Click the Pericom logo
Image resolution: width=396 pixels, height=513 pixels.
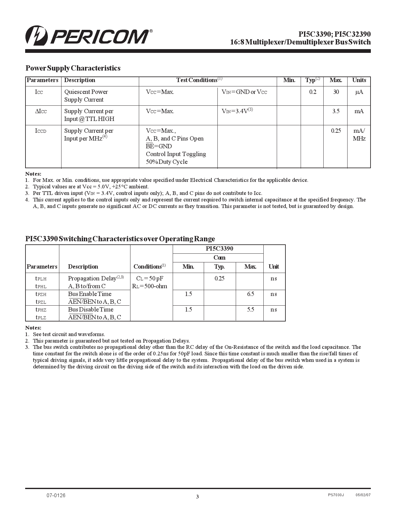[89, 36]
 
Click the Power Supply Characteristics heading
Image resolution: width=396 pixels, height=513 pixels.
[73, 68]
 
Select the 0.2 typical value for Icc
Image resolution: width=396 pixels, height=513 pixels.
[312, 92]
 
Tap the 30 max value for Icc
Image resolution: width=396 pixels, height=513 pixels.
[336, 92]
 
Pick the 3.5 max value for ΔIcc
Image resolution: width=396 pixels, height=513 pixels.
[336, 111]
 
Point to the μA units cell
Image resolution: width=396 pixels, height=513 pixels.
[359, 92]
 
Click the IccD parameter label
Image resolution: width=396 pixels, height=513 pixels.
[41, 131]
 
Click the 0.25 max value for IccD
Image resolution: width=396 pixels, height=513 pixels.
[336, 131]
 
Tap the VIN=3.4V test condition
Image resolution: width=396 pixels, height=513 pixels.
[237, 111]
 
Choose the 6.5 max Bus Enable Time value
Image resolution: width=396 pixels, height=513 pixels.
[250, 294]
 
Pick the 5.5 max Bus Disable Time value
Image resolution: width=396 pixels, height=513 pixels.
[250, 310]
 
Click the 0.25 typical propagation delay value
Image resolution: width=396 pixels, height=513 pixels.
[219, 279]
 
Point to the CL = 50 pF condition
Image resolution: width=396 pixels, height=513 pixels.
[150, 279]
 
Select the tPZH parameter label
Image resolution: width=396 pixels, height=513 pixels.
[41, 294]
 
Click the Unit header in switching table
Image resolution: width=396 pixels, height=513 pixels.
[274, 267]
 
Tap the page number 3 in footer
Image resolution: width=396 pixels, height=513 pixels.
[197, 497]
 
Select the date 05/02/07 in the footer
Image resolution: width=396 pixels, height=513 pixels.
[363, 495]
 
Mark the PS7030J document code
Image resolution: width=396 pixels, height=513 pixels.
[336, 495]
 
